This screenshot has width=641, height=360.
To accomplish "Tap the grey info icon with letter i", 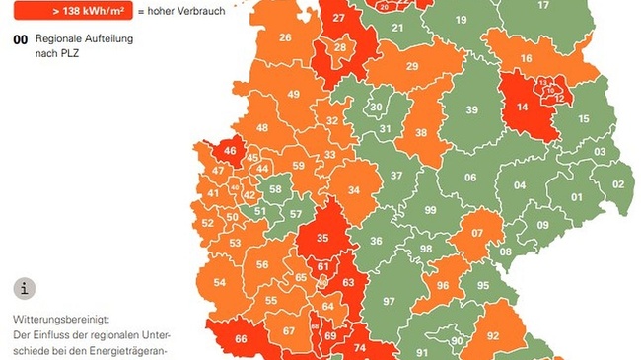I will click(x=25, y=289).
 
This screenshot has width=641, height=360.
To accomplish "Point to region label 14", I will click(x=522, y=107).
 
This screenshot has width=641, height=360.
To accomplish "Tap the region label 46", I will click(x=230, y=151).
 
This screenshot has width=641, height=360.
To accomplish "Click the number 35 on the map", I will click(x=321, y=238).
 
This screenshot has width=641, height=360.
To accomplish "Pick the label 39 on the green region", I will click(x=471, y=109).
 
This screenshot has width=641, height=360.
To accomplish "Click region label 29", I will click(x=412, y=66).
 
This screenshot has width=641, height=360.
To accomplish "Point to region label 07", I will click(x=477, y=234).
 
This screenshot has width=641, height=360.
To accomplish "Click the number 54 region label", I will click(x=220, y=283).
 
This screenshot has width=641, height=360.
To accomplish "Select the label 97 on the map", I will click(x=389, y=301).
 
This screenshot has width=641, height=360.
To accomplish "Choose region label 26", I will click(x=285, y=37).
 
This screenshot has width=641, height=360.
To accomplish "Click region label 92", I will click(x=492, y=336).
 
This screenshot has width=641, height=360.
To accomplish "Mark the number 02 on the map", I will click(x=618, y=183).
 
